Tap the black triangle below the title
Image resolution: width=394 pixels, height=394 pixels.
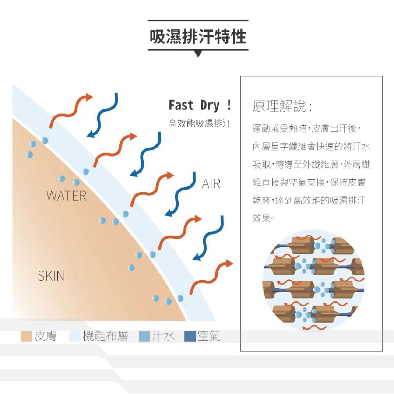pyautogui.click(x=198, y=54)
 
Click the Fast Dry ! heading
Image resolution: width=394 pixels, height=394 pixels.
pyautogui.click(x=200, y=106)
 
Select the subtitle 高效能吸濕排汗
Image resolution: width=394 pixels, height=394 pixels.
pyautogui.click(x=200, y=123)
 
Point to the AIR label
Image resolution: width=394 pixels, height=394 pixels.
pyautogui.click(x=211, y=184)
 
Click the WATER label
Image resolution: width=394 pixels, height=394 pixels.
pyautogui.click(x=67, y=196)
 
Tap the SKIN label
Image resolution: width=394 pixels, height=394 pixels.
pyautogui.click(x=51, y=276)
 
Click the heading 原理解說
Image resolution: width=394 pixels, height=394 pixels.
pyautogui.click(x=282, y=106)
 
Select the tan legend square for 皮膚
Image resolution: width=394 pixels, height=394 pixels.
pyautogui.click(x=26, y=336)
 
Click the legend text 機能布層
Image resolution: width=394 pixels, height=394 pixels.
pyautogui.click(x=105, y=336)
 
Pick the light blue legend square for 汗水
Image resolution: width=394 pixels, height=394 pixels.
pyautogui.click(x=144, y=336)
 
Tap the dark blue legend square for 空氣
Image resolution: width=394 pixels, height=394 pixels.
pyautogui.click(x=190, y=336)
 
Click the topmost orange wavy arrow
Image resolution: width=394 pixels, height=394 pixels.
pyautogui.click(x=70, y=109)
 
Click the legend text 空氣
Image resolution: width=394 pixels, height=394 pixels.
pyautogui.click(x=209, y=336)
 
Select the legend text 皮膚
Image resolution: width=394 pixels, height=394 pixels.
pyautogui.click(x=46, y=336)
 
